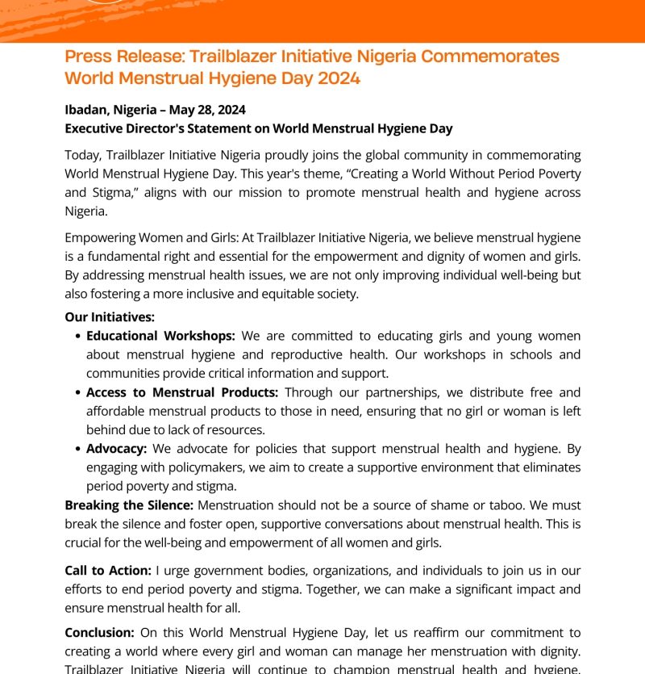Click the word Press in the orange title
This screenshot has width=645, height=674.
point(88,57)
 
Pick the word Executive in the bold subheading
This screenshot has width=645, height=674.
point(98,128)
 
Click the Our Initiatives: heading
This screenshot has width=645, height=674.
point(110,317)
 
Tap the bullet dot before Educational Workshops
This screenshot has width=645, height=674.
point(77,337)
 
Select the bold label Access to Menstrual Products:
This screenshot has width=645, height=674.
point(182,392)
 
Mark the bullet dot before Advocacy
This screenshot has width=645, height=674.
point(77,450)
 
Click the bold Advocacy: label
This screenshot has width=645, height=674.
point(116,449)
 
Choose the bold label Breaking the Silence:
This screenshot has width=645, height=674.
point(129,505)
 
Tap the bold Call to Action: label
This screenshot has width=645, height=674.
point(108,571)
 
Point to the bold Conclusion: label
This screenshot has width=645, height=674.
point(99,634)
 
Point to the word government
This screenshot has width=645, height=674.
point(218,571)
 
